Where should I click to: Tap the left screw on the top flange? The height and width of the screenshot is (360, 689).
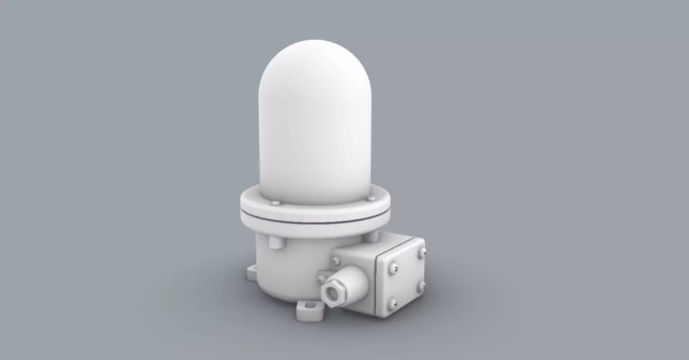pyautogui.click(x=275, y=203)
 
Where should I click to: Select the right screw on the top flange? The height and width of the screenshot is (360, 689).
pyautogui.click(x=371, y=198)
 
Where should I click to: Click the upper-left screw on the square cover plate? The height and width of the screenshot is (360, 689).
pyautogui.click(x=392, y=268)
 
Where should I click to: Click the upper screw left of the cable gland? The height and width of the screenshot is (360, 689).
pyautogui.click(x=336, y=260)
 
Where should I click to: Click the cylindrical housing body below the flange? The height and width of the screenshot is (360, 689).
pyautogui.click(x=289, y=266)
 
